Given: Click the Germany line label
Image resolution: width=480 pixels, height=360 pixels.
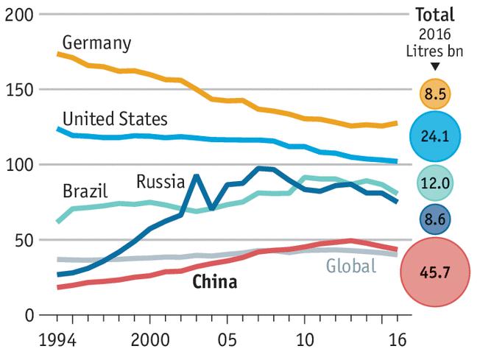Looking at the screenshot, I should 96,43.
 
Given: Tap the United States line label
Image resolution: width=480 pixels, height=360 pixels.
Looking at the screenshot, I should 115,119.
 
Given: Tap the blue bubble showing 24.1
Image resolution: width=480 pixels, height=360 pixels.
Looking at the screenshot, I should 434,136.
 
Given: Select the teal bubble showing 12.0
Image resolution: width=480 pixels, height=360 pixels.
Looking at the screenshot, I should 434,183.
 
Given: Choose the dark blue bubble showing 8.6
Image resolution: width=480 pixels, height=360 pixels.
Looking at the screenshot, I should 434,219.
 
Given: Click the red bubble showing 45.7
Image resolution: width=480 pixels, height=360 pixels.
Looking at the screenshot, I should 434,272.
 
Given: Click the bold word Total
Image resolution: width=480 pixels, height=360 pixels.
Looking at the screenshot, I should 434,14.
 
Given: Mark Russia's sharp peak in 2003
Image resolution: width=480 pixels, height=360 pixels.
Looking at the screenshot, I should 196,175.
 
